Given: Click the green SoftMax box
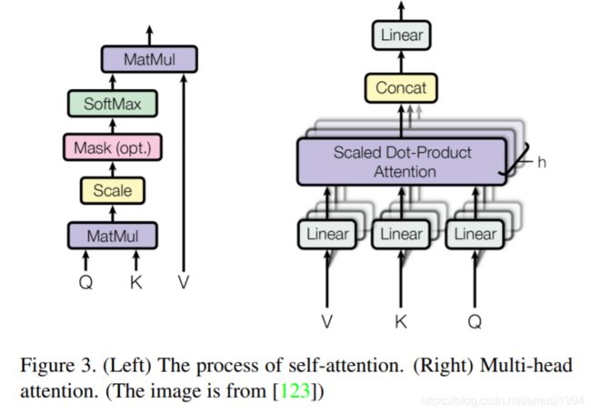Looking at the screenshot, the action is pos(113,104).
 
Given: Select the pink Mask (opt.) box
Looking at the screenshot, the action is pos(113,147).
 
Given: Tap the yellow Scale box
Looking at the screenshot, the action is pos(113,190).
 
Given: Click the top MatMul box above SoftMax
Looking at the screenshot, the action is pos(149,59).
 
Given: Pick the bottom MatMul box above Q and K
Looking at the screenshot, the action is pos(113,236).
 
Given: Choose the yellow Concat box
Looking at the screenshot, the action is pos(401,88).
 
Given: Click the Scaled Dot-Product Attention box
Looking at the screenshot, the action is pos(402,162).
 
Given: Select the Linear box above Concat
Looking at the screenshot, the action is pos(401,35).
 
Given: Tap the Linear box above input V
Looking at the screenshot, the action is pos(327,234).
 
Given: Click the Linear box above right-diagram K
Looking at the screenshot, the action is pos(401,234).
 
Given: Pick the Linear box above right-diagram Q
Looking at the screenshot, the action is pos(475,234).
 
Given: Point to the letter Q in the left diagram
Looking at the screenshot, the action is pos(86,282).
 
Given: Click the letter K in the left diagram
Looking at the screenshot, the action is pos(136,282).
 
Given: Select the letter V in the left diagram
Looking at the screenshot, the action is pos(184,282).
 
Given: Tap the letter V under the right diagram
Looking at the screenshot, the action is pos(326,321).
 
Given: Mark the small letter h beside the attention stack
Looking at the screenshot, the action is pos(542,162).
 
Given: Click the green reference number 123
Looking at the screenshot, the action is pos(295,390).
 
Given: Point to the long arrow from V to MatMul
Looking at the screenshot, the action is pos(184,173).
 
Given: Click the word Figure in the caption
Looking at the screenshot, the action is pos(46,366).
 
